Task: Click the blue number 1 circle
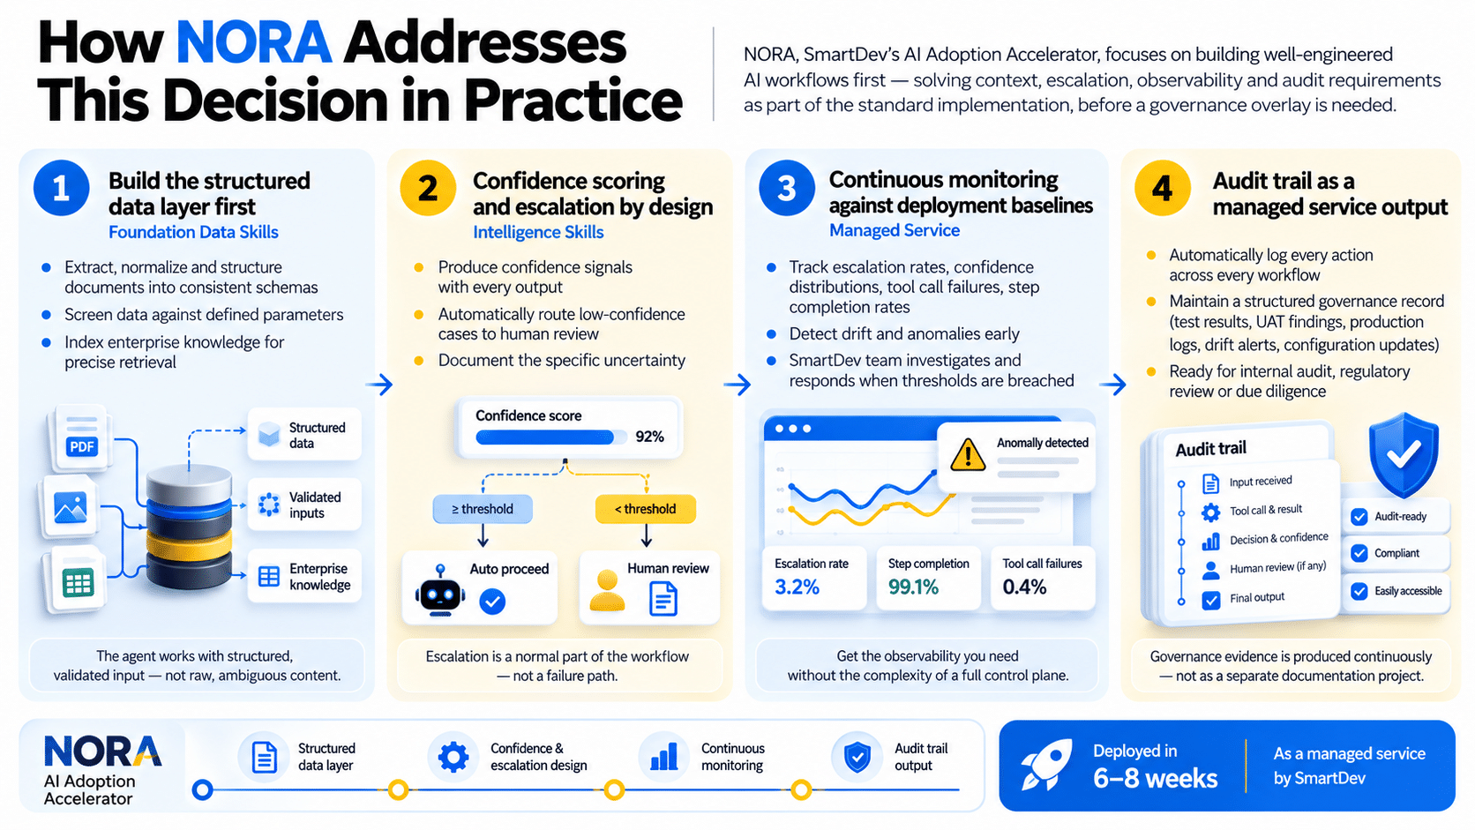pyautogui.click(x=61, y=188)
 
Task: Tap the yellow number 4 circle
pyautogui.click(x=1162, y=188)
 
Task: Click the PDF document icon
pyautogui.click(x=82, y=437)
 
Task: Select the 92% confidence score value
pyautogui.click(x=649, y=437)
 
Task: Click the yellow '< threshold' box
pyautogui.click(x=646, y=509)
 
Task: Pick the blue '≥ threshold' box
pyautogui.click(x=483, y=509)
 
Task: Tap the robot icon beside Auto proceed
pyautogui.click(x=439, y=590)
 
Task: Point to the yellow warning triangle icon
pyautogui.click(x=968, y=454)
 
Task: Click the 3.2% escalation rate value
pyautogui.click(x=797, y=587)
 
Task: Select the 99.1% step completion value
pyautogui.click(x=913, y=587)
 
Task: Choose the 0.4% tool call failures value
pyautogui.click(x=1024, y=587)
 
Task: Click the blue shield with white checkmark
pyautogui.click(x=1404, y=454)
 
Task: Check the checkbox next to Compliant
pyautogui.click(x=1359, y=553)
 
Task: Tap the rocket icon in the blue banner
pyautogui.click(x=1046, y=764)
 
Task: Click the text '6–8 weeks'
pyautogui.click(x=1155, y=779)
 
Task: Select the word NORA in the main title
pyautogui.click(x=253, y=43)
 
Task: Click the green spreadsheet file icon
pyautogui.click(x=77, y=582)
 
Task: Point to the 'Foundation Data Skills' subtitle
pyautogui.click(x=193, y=232)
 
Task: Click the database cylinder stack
pyautogui.click(x=189, y=527)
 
